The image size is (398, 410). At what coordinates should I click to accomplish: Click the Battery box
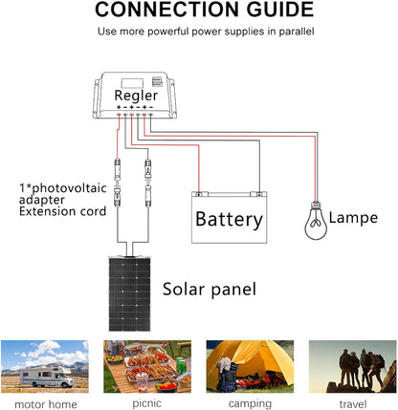[x=228, y=218]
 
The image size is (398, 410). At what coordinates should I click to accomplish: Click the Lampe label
[x=352, y=218]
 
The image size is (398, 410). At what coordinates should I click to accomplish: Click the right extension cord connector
[x=148, y=187]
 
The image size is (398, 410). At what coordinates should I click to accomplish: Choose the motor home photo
[x=46, y=365]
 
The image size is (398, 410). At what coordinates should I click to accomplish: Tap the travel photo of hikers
[x=351, y=365]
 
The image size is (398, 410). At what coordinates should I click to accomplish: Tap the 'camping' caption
[x=249, y=402]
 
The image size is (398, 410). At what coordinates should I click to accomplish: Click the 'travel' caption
[x=351, y=402]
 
